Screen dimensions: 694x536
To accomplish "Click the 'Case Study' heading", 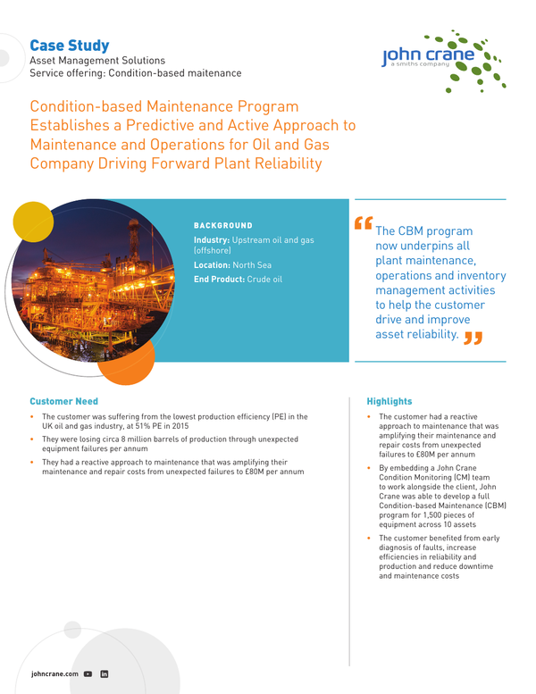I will (69, 45).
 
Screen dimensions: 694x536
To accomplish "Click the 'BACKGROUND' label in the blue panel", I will (223, 226).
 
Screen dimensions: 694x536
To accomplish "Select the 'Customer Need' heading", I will (63, 401).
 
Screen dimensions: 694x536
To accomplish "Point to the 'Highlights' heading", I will (389, 402).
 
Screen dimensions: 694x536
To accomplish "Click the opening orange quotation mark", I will (363, 222).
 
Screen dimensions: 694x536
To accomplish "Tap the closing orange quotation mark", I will (473, 337).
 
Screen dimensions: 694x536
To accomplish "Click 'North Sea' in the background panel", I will (253, 265).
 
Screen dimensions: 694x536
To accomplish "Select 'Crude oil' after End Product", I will (264, 280).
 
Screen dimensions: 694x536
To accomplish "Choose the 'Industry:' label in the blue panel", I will (212, 241).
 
